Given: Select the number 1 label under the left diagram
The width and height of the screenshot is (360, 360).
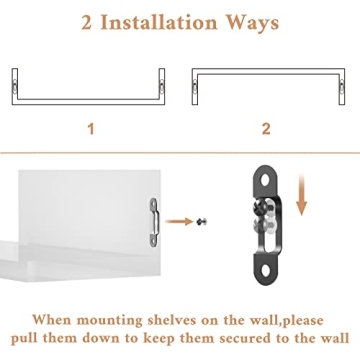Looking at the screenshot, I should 91,130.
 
